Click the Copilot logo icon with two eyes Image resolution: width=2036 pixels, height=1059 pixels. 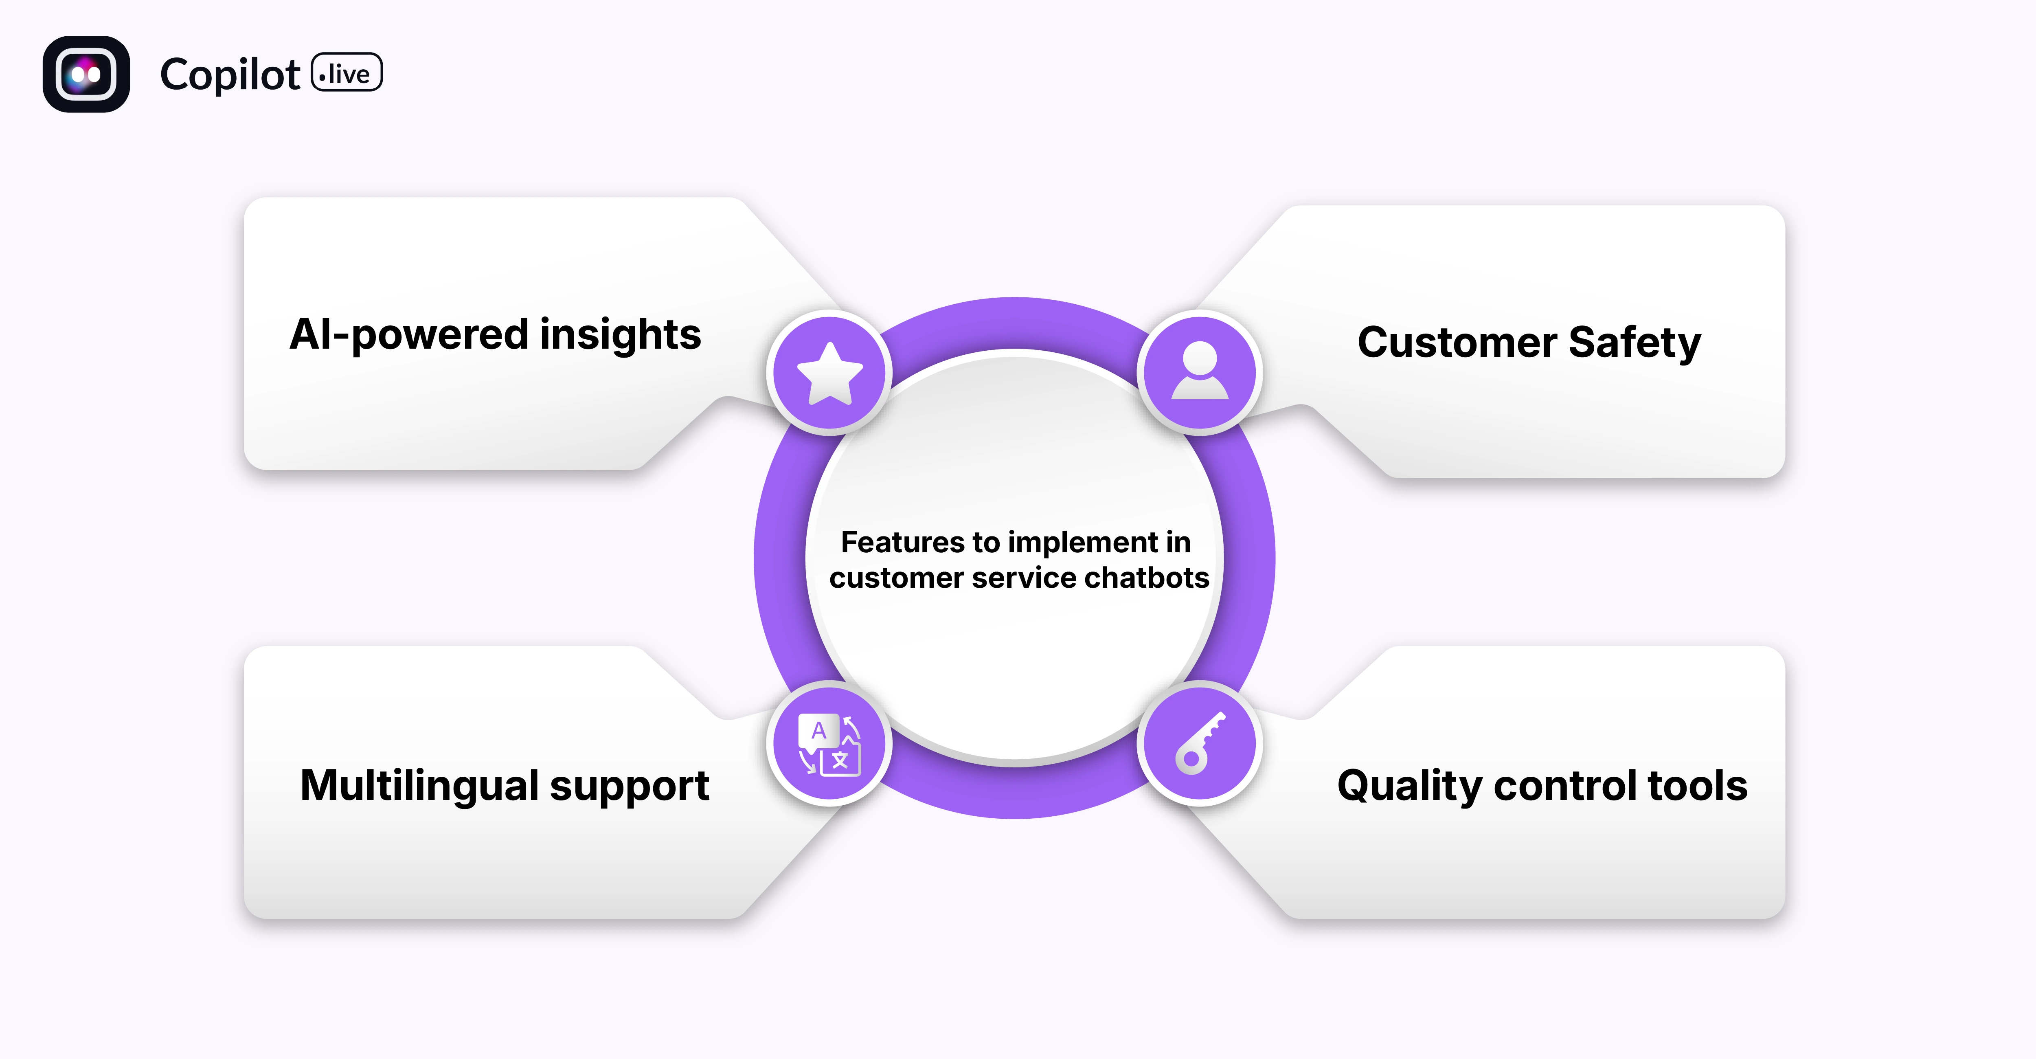coord(86,74)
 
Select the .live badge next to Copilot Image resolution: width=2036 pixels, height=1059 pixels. coord(347,73)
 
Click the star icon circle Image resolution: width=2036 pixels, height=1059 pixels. coord(829,372)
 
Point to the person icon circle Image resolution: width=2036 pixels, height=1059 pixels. coord(1200,372)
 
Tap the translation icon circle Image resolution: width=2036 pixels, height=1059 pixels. coord(829,744)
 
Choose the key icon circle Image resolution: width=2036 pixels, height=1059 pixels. coord(1200,744)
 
